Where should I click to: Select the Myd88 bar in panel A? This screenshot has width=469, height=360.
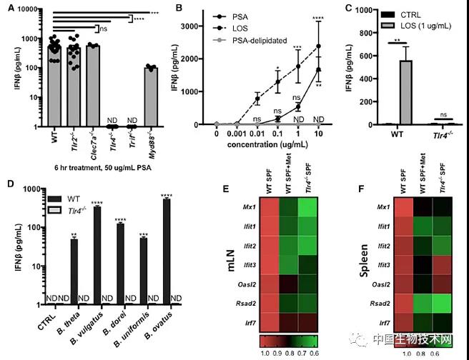pos(150,97)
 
